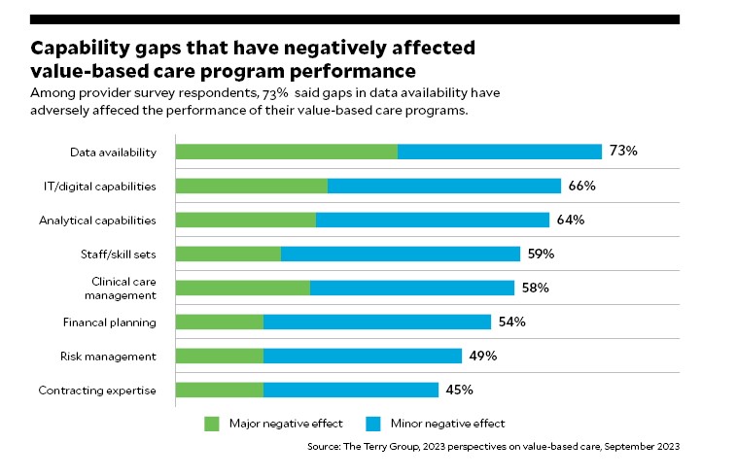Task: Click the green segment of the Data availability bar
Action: [286, 152]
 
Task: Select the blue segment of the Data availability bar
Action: [500, 152]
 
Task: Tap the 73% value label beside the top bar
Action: [622, 152]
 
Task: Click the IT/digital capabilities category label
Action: [108, 186]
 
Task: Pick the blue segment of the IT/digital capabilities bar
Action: [444, 186]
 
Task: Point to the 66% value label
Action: [581, 186]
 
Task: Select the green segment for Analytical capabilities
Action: [245, 220]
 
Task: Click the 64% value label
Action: [570, 220]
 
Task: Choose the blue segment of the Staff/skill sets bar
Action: [401, 254]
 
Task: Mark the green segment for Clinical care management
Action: [242, 288]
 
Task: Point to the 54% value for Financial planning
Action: [511, 322]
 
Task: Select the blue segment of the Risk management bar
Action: [363, 356]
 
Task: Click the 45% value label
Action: [459, 390]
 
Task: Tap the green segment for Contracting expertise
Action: [219, 390]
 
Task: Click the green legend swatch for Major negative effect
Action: [212, 424]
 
